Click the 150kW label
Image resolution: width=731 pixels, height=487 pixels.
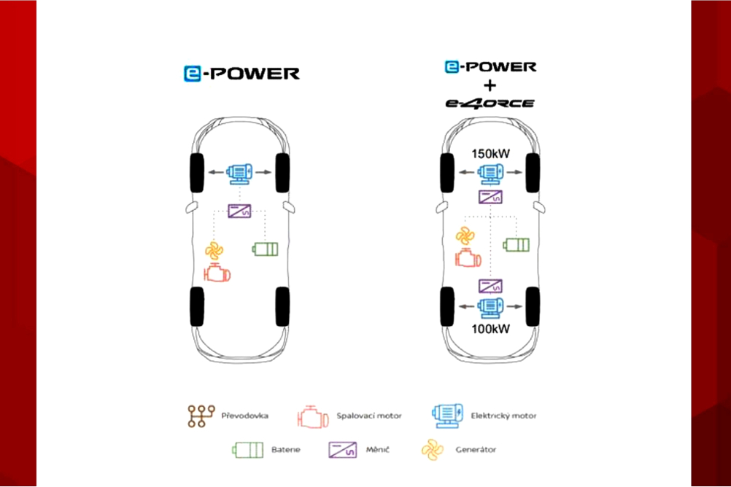490,154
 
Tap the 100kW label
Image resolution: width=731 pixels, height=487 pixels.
490,329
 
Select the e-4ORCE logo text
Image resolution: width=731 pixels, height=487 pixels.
490,103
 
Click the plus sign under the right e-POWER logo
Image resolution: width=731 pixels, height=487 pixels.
490,86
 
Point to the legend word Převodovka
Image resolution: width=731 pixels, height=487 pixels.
244,416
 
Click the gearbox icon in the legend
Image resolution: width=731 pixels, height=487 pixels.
201,416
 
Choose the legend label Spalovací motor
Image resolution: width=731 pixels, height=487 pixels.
369,416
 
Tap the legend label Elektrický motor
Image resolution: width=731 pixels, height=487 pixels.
503,416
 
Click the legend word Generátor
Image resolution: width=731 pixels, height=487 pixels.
476,450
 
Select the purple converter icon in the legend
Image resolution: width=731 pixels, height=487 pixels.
343,451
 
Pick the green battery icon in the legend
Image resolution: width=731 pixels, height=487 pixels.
248,451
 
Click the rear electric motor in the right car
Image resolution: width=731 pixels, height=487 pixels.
490,308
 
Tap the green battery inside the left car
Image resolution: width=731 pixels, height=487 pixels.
266,249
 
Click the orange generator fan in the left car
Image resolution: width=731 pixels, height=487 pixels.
214,251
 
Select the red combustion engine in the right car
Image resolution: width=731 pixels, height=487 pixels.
468,258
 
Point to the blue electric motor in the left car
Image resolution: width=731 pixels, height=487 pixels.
239,174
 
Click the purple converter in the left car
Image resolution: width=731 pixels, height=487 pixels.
239,211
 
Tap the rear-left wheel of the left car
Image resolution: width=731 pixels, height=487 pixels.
197,307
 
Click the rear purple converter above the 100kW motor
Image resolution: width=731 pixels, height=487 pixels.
490,286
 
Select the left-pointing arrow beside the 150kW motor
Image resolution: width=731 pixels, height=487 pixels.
467,173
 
